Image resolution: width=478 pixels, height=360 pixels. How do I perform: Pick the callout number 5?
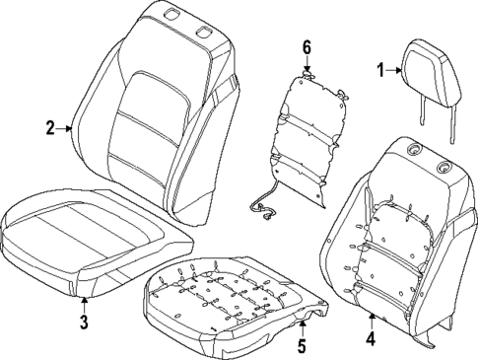point(303,346)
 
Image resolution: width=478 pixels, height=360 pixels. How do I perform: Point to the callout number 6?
point(307,47)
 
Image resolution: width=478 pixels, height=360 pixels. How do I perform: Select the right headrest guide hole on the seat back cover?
point(205,33)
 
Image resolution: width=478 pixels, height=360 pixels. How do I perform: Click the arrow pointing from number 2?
point(66,127)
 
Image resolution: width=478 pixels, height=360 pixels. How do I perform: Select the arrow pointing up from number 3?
point(84,302)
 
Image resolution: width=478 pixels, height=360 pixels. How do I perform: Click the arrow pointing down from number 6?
point(307,64)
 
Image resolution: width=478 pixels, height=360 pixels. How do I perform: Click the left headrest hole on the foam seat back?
point(412,150)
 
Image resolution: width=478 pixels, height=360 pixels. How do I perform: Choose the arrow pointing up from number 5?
point(303,328)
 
